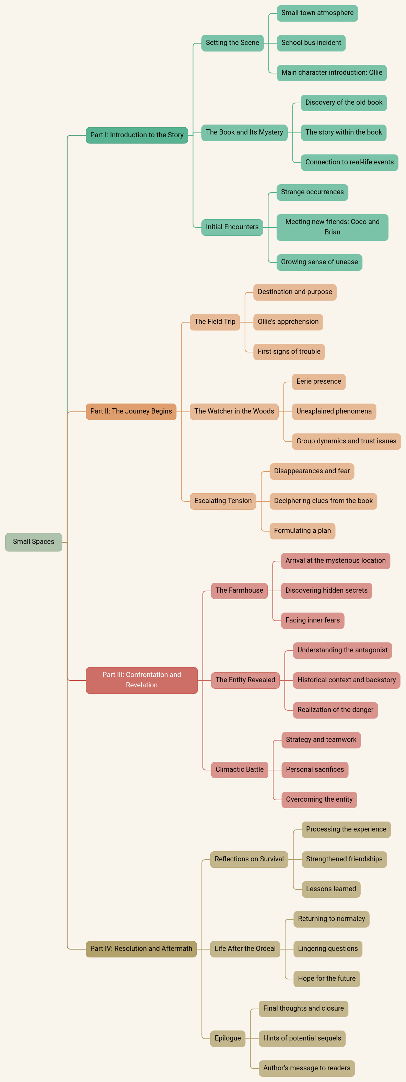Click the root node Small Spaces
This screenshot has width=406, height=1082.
point(34,542)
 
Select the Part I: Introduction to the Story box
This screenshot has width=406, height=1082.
point(137,135)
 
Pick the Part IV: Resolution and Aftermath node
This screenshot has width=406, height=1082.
point(141,949)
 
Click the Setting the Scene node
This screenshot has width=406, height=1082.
point(232,43)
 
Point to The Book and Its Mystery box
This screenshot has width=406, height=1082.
point(244,132)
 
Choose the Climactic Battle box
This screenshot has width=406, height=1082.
point(239,769)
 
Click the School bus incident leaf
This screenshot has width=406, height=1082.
point(311,43)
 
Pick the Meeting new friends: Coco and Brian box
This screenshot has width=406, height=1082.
point(332,227)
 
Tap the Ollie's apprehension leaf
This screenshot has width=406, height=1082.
point(288,322)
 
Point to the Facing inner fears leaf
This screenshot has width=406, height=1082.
point(312,620)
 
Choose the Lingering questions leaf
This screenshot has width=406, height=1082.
point(327,949)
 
